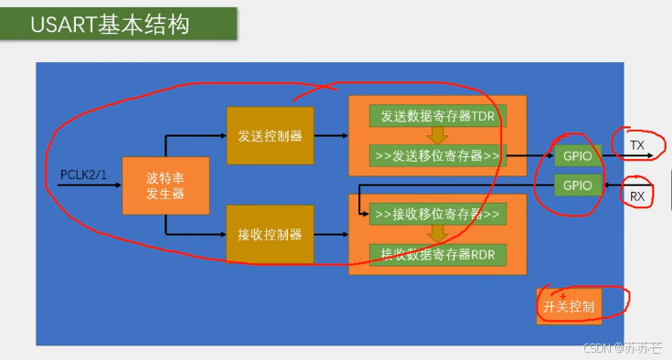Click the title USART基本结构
[x=110, y=25]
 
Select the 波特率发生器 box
[x=165, y=185]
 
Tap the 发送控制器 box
[x=270, y=136]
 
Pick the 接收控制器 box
[x=270, y=235]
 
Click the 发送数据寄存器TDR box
[x=437, y=116]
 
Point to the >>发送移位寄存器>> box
[x=437, y=155]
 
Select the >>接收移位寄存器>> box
[x=437, y=216]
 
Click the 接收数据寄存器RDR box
[x=437, y=253]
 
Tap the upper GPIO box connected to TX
[x=578, y=155]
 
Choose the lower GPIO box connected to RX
[x=578, y=185]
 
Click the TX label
[x=636, y=145]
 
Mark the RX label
[x=636, y=196]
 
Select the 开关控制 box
[x=569, y=306]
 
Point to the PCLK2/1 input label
[x=82, y=174]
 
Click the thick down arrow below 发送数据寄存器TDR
[x=437, y=135]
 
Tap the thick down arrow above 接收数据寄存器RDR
[x=437, y=234]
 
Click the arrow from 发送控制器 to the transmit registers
[x=331, y=136]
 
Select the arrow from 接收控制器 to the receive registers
[x=331, y=235]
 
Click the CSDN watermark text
[x=623, y=348]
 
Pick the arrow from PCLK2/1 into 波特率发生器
[x=101, y=185]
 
